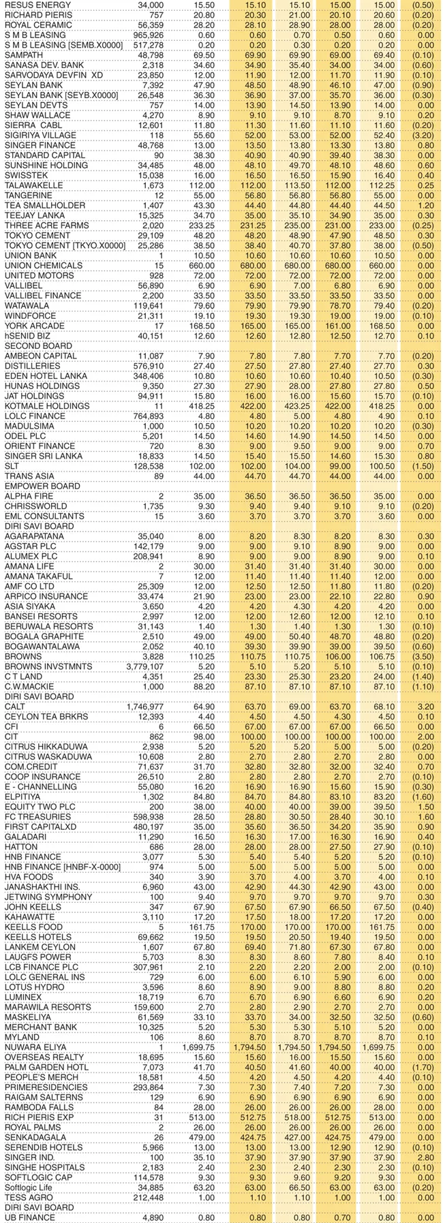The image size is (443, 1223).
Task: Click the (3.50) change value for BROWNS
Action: pyautogui.click(x=421, y=657)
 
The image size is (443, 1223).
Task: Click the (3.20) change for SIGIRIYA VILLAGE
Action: pyautogui.click(x=421, y=136)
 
